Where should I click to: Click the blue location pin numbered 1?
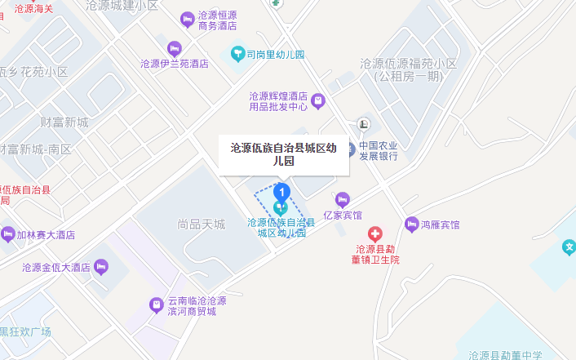click(x=281, y=193)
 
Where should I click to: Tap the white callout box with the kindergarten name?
click(x=283, y=154)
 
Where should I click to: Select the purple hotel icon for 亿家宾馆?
click(x=343, y=199)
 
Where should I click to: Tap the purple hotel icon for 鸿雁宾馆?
click(x=412, y=224)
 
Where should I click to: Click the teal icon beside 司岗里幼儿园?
click(x=237, y=55)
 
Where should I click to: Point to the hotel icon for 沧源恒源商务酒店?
click(x=187, y=18)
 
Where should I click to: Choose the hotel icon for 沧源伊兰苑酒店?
click(x=174, y=48)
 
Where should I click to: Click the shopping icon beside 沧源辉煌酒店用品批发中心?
click(x=317, y=101)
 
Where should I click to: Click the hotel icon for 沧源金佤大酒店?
click(x=101, y=266)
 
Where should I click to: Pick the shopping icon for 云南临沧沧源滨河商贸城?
click(x=156, y=305)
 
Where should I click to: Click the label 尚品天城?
click(x=201, y=224)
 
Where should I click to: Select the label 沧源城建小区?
click(x=122, y=5)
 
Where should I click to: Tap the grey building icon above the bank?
click(x=363, y=124)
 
